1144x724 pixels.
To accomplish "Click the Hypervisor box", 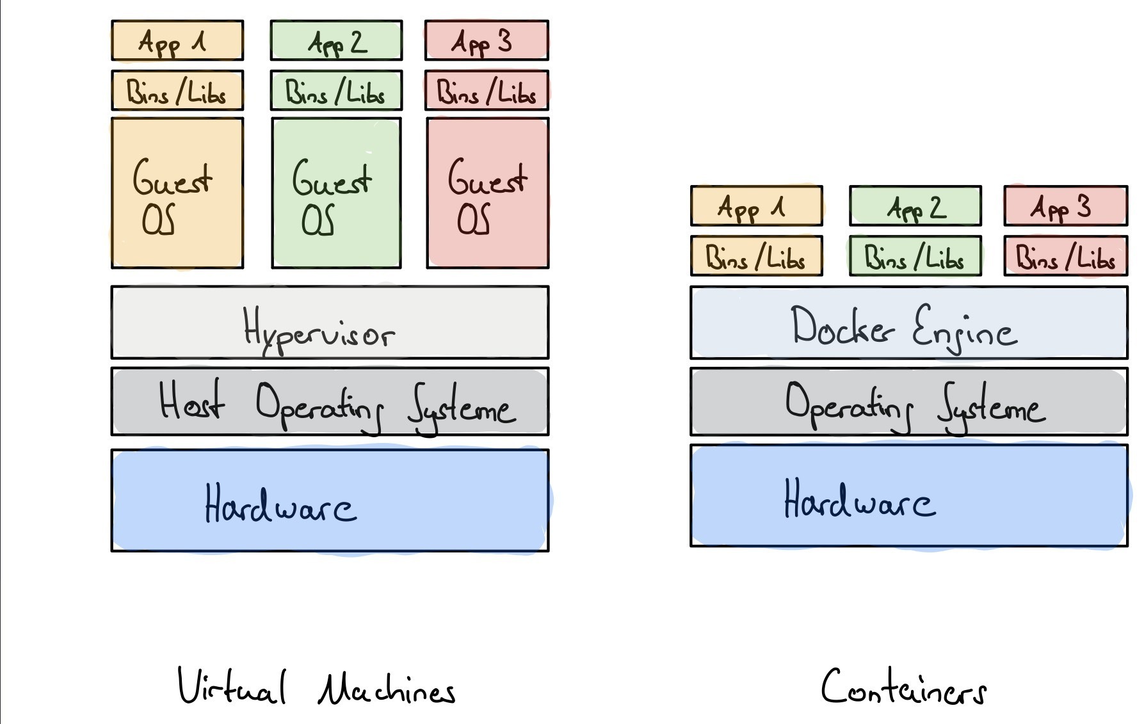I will [x=330, y=322].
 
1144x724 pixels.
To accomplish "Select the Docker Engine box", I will [x=908, y=323].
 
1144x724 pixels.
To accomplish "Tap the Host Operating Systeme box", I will [x=330, y=402].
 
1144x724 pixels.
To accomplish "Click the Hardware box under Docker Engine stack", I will [x=908, y=496].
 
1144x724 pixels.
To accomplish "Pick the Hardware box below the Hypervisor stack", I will [x=330, y=500].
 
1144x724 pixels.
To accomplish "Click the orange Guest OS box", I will [x=177, y=193].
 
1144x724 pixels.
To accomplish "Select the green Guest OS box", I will [x=336, y=193].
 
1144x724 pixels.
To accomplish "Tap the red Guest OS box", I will [x=487, y=193].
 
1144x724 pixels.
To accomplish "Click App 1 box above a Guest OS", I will [x=177, y=40].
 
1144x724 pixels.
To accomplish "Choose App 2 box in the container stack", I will [x=915, y=206].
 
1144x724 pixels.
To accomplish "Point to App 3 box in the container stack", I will [x=1065, y=206].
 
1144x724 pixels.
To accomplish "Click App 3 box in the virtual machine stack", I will [x=487, y=40].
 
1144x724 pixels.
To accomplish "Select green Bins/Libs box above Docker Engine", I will [x=915, y=256].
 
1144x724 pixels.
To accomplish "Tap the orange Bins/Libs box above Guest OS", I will [x=177, y=90].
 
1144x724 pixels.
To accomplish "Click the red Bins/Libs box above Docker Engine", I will [x=1065, y=256].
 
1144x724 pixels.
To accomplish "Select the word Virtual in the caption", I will [x=232, y=687].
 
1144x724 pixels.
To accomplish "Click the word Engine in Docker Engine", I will [x=964, y=328].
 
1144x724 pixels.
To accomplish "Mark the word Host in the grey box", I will [x=191, y=401].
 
